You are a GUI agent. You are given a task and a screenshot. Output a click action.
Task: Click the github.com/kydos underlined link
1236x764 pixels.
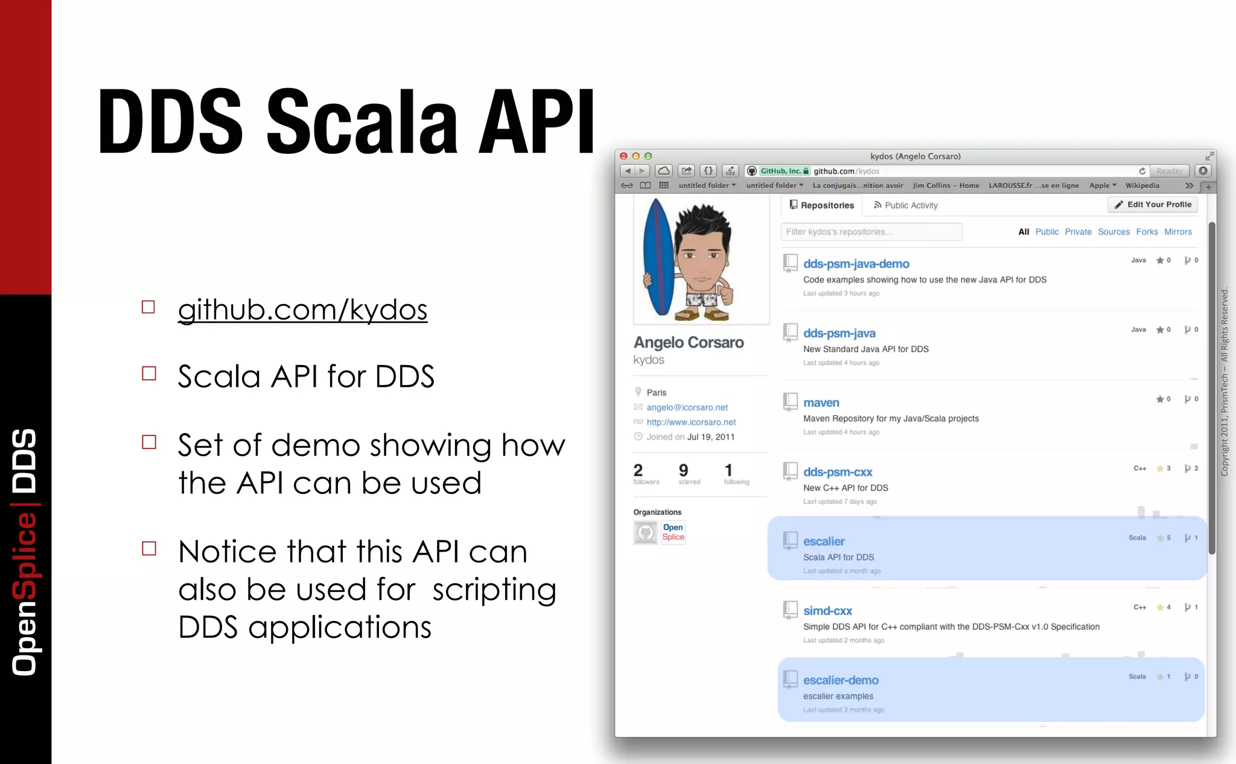302,310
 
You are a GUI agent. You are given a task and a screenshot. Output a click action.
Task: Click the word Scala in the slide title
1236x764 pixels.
362,123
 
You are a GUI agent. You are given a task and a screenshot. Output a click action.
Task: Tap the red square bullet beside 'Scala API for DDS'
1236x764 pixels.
149,374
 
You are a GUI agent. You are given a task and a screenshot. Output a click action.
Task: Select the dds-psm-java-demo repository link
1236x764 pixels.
856,264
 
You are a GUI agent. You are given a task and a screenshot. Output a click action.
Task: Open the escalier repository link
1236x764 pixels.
824,541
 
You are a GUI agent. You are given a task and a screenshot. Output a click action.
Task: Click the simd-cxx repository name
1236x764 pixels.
827,611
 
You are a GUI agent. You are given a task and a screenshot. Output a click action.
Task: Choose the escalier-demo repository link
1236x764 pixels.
841,680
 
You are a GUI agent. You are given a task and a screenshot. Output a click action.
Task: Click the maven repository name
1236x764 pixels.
821,403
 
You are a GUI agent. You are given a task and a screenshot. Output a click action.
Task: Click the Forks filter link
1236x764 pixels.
1147,232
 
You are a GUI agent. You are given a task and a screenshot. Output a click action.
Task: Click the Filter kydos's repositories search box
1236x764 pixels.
871,232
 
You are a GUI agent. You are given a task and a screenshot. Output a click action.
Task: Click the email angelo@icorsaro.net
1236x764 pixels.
687,407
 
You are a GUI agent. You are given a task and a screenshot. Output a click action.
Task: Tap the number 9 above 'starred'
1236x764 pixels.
683,470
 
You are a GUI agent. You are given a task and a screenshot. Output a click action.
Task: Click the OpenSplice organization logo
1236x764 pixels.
673,532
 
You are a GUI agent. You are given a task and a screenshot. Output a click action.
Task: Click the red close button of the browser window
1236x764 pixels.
623,156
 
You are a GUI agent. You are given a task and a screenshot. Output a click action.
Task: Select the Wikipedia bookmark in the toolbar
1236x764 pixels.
1142,186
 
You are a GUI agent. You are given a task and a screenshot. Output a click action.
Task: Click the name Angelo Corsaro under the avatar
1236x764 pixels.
689,342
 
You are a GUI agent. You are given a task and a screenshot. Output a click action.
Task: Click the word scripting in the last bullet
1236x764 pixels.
494,590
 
